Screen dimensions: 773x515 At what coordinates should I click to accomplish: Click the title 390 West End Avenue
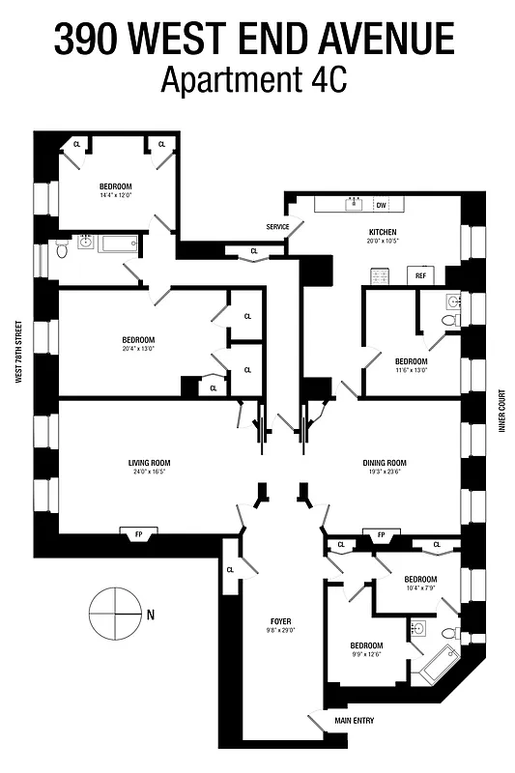(x=254, y=40)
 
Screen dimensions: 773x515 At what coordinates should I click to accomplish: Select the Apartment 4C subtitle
(x=254, y=80)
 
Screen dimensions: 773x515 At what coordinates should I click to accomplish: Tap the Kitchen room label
(x=383, y=233)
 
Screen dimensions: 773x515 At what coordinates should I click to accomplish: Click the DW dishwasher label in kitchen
(x=381, y=205)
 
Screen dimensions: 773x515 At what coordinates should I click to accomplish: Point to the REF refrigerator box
(x=420, y=276)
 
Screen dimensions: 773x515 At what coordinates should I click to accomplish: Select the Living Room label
(x=150, y=463)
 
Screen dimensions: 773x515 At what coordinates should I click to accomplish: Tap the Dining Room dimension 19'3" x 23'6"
(x=385, y=472)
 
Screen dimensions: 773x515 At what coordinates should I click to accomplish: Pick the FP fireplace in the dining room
(x=381, y=534)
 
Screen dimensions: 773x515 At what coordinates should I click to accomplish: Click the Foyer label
(x=281, y=620)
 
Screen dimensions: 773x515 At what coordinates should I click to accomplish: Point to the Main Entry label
(x=354, y=721)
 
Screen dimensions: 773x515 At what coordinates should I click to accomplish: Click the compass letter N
(x=151, y=614)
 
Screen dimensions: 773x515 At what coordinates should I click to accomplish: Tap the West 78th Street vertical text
(x=18, y=353)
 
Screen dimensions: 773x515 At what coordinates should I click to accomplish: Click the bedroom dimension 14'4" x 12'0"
(x=115, y=195)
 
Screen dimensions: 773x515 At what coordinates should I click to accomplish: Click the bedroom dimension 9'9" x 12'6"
(x=366, y=655)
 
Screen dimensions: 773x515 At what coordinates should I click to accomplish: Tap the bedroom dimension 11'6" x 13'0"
(x=411, y=369)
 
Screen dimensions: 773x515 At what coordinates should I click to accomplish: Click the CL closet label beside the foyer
(x=230, y=570)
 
